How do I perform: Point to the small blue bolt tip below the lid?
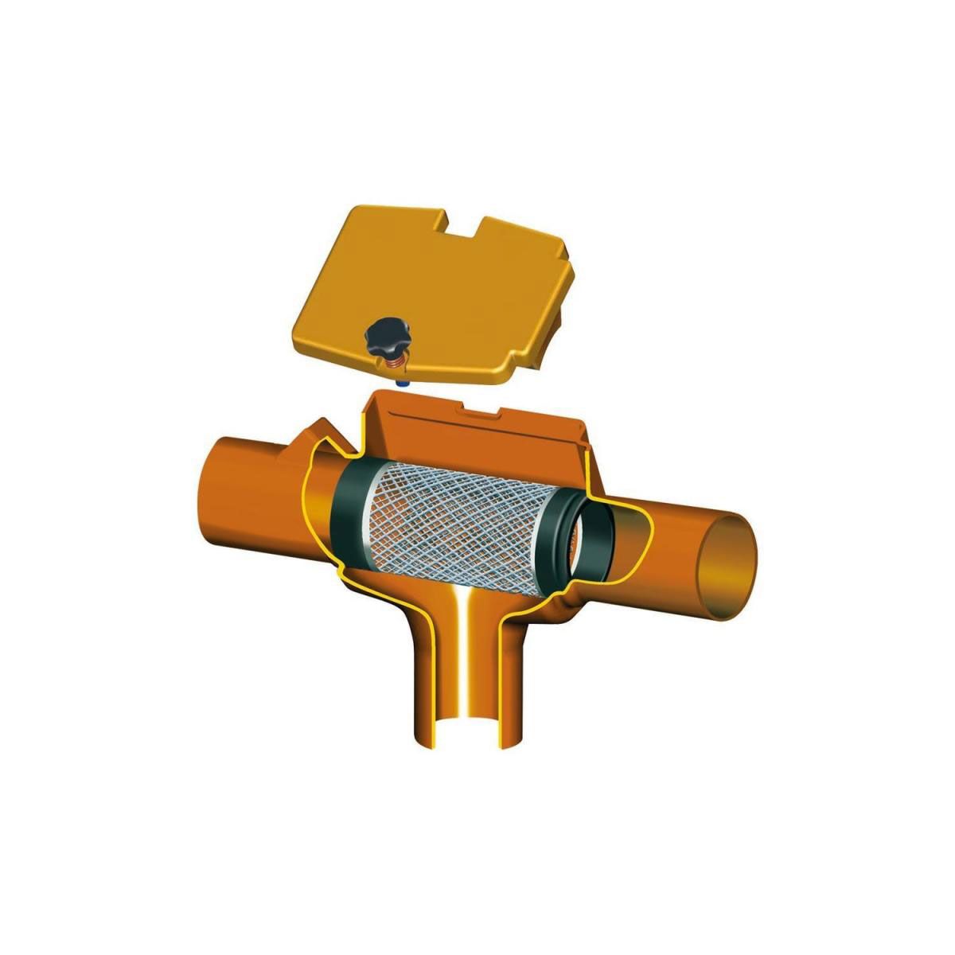point(402,384)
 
